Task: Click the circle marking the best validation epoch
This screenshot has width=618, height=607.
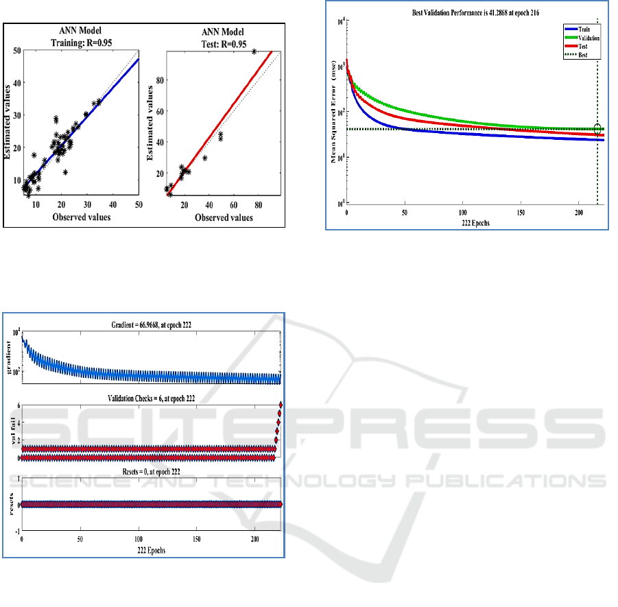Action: pos(597,129)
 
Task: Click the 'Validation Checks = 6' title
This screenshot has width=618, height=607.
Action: pos(152,398)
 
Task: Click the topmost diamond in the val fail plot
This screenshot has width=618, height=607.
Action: pos(280,405)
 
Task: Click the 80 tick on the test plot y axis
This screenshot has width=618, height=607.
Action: pos(160,80)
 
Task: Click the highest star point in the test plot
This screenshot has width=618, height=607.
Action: pos(254,52)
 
